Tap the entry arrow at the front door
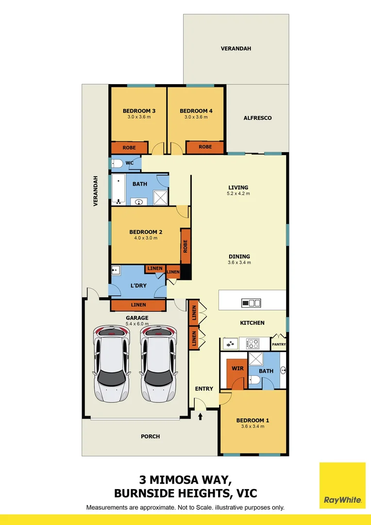(201, 416)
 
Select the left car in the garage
(112, 363)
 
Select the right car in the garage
(160, 363)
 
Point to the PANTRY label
(279, 345)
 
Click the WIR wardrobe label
(237, 369)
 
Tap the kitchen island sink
(252, 303)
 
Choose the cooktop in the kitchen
(253, 344)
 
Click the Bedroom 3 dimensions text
(139, 117)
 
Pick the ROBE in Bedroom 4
(205, 147)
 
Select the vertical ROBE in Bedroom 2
(185, 247)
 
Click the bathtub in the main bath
(118, 190)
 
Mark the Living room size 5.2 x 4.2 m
(238, 193)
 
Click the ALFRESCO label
(257, 118)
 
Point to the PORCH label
(150, 437)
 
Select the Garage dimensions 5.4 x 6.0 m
(137, 324)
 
